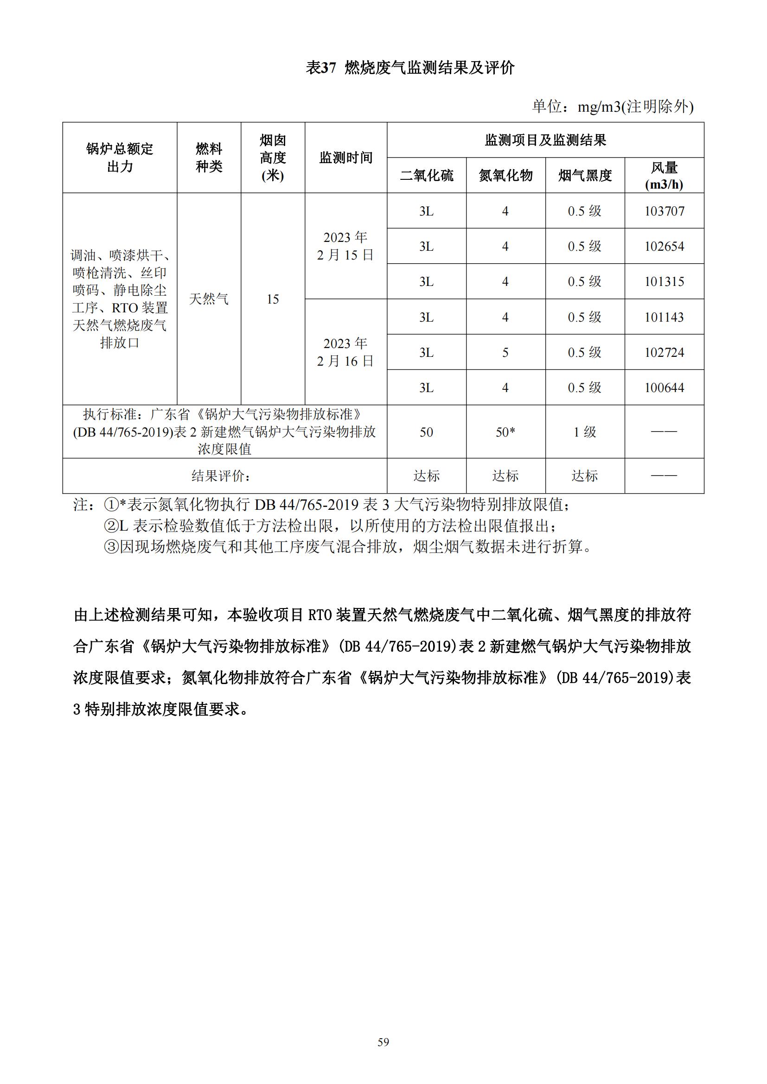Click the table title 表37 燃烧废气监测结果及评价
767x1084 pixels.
410,68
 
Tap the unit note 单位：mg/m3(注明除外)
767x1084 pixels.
613,107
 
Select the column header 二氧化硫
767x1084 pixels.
427,176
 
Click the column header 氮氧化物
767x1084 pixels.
505,176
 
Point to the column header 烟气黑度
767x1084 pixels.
585,176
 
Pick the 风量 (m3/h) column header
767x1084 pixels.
664,176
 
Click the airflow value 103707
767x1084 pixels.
664,211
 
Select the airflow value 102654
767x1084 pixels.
664,247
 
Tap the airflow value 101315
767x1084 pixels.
664,282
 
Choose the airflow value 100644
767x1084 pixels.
664,387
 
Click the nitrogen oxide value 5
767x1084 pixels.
505,353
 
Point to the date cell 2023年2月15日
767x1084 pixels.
346,246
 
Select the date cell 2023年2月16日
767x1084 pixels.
346,352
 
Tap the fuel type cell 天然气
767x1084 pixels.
209,299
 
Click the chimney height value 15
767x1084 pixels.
273,299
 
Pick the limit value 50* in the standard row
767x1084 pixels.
505,432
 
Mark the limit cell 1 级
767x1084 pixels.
585,432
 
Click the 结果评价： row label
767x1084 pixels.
221,476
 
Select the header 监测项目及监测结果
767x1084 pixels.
545,140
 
